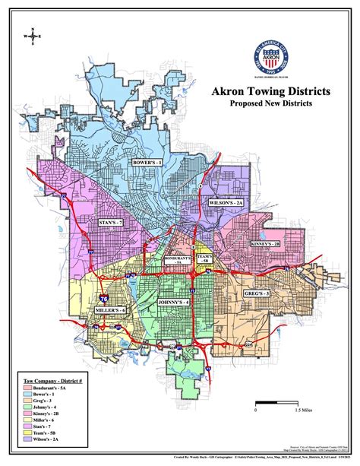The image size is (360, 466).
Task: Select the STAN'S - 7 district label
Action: (x=112, y=223)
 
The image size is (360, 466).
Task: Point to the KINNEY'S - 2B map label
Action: (x=266, y=244)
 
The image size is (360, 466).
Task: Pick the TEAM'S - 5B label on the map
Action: (x=204, y=259)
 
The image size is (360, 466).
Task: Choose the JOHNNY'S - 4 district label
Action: (x=172, y=303)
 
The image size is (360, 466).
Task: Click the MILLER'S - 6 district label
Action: (x=111, y=312)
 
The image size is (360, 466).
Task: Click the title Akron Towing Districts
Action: (x=270, y=91)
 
